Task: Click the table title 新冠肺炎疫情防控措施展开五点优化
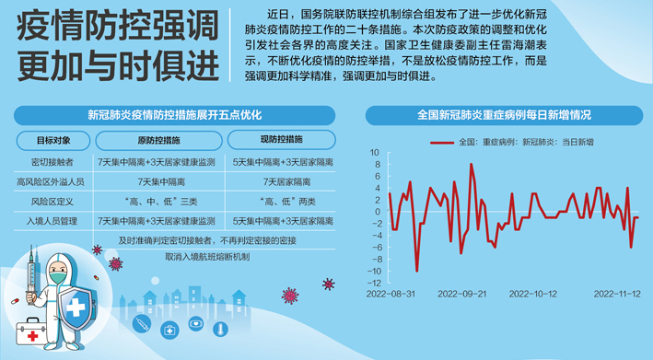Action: pyautogui.click(x=174, y=116)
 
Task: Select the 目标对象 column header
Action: pyautogui.click(x=52, y=141)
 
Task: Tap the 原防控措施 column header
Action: pyautogui.click(x=157, y=141)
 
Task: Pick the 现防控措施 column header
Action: pyautogui.click(x=281, y=140)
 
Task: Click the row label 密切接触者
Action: pyautogui.click(x=52, y=162)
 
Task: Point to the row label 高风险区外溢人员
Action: pyautogui.click(x=52, y=182)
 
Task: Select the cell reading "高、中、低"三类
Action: pyautogui.click(x=157, y=202)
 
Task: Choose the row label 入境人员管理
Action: pyautogui.click(x=52, y=221)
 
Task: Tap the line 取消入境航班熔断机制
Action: pyautogui.click(x=206, y=257)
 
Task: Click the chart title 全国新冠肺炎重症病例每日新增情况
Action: pyautogui.click(x=505, y=116)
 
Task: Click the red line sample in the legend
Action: pyautogui.click(x=442, y=143)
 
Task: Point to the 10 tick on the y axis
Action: pyautogui.click(x=375, y=152)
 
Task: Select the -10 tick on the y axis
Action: pyautogui.click(x=373, y=271)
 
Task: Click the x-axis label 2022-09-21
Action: pyautogui.click(x=463, y=294)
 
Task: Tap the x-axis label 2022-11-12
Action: pyautogui.click(x=617, y=294)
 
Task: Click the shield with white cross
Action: pyautogui.click(x=79, y=301)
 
